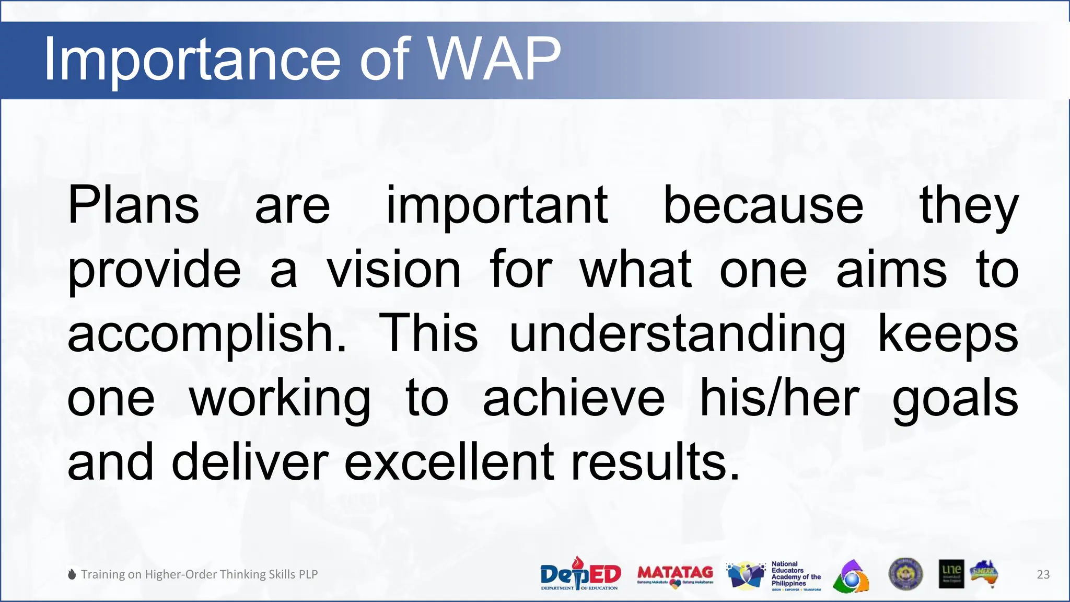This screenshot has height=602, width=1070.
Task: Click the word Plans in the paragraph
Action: click(x=133, y=205)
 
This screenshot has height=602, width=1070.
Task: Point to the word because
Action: click(x=763, y=205)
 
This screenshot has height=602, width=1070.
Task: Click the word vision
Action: click(x=394, y=270)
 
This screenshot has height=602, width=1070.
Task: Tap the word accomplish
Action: click(x=206, y=334)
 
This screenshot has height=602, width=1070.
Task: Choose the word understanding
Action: click(x=677, y=334)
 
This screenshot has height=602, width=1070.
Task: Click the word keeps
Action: click(x=948, y=334)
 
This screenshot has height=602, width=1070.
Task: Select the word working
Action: click(x=280, y=399)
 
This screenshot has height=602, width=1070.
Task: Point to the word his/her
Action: click(x=779, y=398)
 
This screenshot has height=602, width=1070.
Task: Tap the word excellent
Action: click(x=449, y=462)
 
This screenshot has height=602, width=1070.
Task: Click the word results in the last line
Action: click(x=655, y=462)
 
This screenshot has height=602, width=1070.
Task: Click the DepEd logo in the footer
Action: click(x=580, y=574)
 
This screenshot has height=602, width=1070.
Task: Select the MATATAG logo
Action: click(x=675, y=575)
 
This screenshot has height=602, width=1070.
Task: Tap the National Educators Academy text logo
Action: click(x=796, y=575)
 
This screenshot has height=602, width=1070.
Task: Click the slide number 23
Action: click(x=1043, y=574)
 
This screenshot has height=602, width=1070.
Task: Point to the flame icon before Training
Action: click(x=72, y=574)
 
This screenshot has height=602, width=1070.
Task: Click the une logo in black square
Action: click(x=951, y=574)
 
